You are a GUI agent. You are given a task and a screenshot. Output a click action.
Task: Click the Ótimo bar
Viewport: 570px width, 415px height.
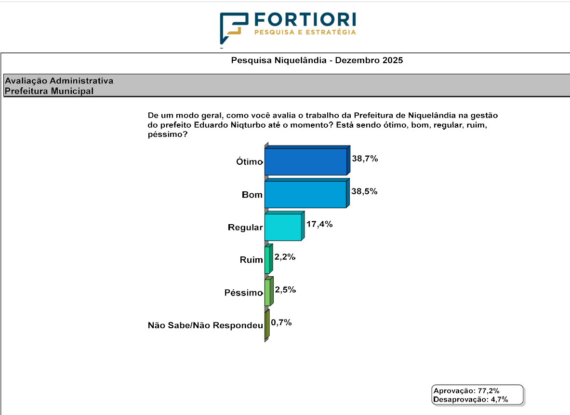tap(305, 161)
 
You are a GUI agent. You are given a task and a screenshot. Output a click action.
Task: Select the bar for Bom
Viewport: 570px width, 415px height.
tap(305, 194)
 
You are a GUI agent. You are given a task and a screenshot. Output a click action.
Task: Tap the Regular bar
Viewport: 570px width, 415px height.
tap(283, 227)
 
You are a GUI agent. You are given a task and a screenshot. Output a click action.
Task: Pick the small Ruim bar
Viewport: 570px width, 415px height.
tap(267, 260)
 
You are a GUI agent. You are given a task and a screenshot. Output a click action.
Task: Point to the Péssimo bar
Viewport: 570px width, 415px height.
tap(267, 293)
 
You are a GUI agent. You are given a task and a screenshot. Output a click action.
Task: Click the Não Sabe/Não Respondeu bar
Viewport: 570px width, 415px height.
tap(266, 326)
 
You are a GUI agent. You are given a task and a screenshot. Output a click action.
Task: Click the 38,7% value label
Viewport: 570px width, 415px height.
tap(365, 159)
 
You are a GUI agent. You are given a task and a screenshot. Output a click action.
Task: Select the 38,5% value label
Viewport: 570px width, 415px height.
tap(365, 191)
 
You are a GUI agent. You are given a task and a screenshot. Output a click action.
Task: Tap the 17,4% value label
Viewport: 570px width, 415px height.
tap(319, 224)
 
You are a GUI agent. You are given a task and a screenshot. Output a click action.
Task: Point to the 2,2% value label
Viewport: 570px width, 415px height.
tap(285, 257)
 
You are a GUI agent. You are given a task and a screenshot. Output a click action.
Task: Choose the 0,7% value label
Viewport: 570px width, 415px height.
tap(281, 322)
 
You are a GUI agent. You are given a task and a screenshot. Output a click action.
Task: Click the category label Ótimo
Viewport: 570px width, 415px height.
tap(249, 162)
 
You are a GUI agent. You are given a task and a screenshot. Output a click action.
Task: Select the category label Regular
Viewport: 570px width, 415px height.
tap(245, 228)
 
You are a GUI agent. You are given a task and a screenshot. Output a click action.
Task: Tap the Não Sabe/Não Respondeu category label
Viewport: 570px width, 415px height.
tap(205, 326)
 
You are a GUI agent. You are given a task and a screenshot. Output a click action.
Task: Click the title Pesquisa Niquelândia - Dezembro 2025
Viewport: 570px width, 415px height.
tap(317, 61)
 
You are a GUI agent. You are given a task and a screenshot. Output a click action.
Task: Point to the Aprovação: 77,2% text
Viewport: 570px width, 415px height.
tap(466, 390)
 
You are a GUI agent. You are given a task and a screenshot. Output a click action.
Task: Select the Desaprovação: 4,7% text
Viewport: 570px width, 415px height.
tap(471, 399)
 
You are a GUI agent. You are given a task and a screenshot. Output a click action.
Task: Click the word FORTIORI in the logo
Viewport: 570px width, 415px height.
tap(305, 19)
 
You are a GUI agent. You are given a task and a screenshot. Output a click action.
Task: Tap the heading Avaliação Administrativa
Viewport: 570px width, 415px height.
tap(59, 81)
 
